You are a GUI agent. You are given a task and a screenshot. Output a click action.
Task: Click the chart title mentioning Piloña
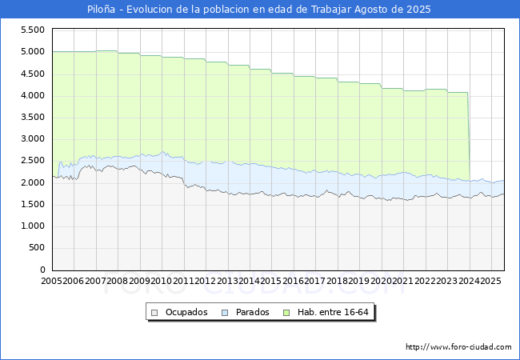[x=259, y=10]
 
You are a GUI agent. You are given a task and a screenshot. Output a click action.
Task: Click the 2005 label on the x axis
[x=52, y=282]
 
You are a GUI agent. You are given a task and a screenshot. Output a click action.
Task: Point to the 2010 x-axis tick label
[x=162, y=282]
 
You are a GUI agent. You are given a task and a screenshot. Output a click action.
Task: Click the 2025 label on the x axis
[x=489, y=282]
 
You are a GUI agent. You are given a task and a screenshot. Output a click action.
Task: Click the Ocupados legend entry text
[x=186, y=312]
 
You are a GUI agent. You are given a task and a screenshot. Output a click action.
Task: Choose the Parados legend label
[x=253, y=312]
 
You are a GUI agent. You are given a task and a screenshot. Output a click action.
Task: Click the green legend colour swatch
[x=287, y=312]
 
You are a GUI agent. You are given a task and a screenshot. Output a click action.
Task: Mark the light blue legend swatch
[x=226, y=312]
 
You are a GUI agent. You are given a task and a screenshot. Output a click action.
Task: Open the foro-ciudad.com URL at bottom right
[x=458, y=347]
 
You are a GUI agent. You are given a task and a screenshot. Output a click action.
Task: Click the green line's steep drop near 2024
[x=469, y=136]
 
